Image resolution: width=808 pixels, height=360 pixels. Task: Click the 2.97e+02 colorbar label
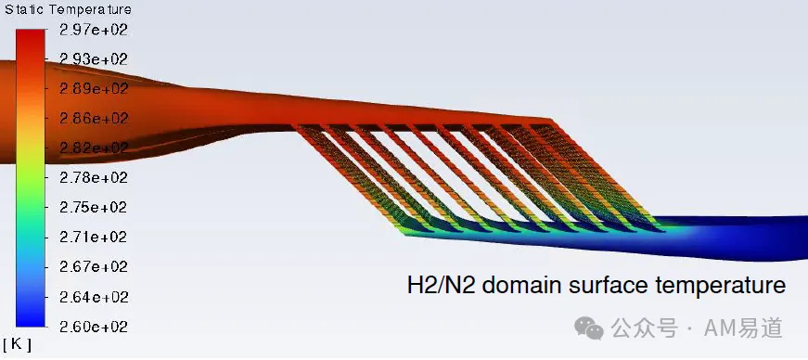(94, 30)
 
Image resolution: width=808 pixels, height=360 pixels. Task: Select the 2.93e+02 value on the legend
(94, 59)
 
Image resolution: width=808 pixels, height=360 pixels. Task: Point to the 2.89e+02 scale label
(94, 89)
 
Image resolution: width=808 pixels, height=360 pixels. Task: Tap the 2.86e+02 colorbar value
(94, 118)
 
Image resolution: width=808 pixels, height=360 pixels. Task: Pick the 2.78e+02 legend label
(94, 177)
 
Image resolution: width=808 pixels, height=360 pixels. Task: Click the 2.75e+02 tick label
(94, 207)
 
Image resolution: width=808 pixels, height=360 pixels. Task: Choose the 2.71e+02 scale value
(94, 238)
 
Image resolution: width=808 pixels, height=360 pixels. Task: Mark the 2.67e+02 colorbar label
(94, 267)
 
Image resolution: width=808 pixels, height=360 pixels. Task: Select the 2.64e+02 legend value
(94, 298)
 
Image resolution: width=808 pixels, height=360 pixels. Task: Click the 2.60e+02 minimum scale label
(94, 327)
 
